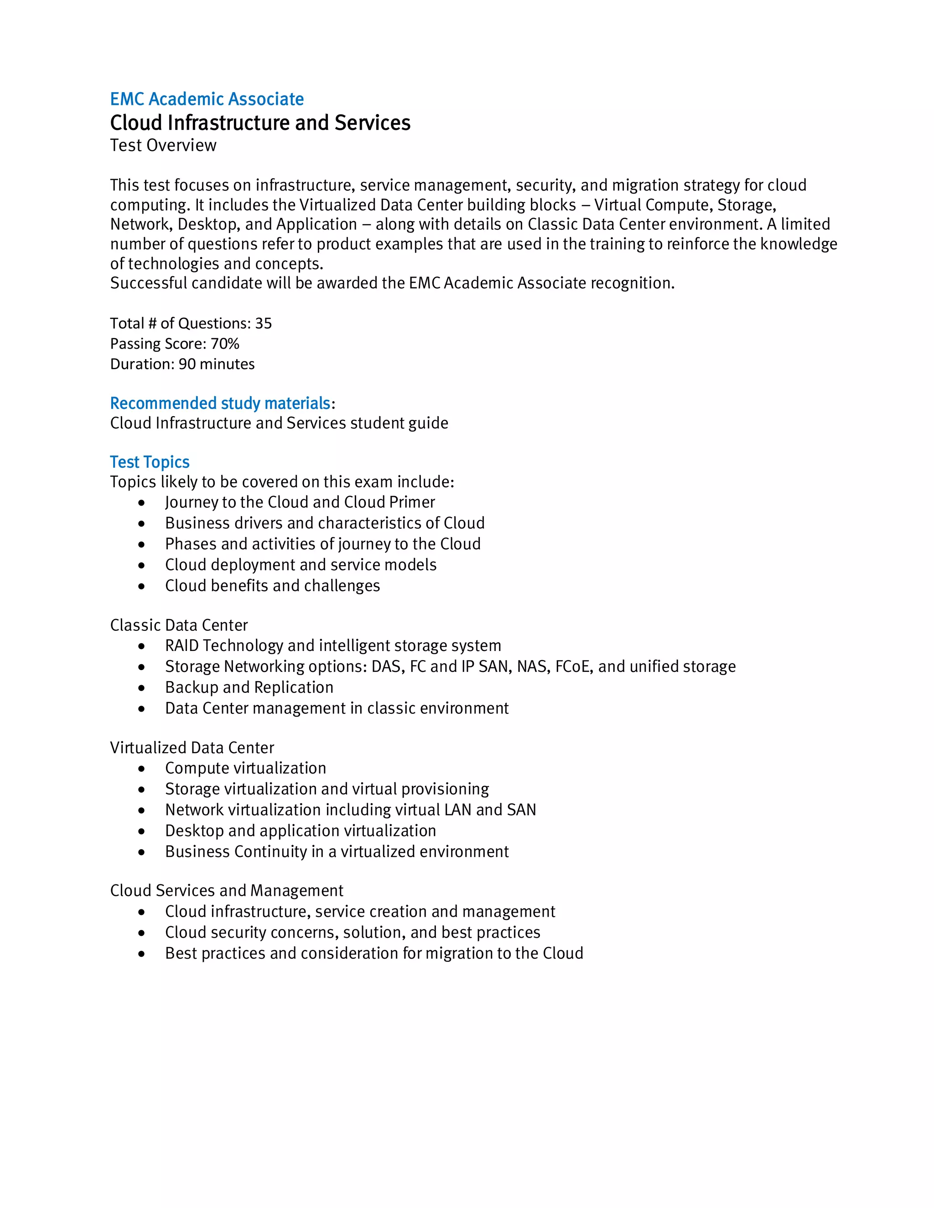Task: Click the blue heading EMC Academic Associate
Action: point(207,99)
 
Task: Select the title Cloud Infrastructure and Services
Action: point(260,122)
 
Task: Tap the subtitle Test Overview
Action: point(163,145)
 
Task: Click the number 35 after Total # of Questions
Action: point(264,323)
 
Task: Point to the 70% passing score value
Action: point(225,344)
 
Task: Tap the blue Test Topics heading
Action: point(150,462)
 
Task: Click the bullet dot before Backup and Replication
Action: point(142,687)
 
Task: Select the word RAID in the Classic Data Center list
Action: point(182,645)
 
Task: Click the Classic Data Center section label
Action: point(179,625)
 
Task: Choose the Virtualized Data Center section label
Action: point(192,748)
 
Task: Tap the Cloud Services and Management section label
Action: point(226,891)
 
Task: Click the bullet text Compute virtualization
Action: point(246,768)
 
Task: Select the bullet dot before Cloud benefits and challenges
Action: point(142,586)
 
